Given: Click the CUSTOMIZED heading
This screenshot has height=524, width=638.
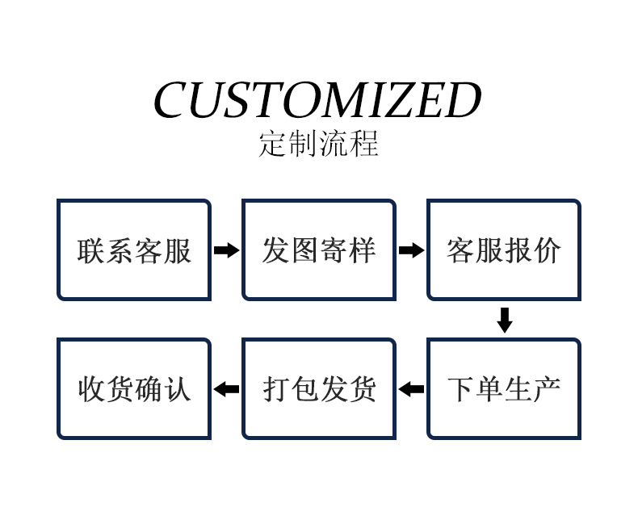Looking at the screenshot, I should point(317,101).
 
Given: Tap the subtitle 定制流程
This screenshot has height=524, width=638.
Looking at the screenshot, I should point(318,145).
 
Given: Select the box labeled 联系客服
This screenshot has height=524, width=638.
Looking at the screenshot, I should point(134,250).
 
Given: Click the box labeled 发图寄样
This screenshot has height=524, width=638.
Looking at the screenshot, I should point(319,250).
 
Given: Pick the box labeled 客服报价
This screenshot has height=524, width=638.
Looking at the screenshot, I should point(504,250).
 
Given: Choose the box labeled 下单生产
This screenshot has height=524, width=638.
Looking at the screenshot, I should point(504,389).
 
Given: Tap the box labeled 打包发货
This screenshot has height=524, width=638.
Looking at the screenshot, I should point(319,389).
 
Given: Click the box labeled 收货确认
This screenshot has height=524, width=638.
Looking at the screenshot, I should point(134,389).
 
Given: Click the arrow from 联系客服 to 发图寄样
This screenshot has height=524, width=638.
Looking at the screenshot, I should point(226,250).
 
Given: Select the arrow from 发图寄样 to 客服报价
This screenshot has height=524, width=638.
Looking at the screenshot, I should point(411,250).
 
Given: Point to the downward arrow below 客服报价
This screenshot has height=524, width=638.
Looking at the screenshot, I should point(505,320).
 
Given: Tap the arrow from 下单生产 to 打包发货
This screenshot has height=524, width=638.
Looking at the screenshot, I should point(411,389).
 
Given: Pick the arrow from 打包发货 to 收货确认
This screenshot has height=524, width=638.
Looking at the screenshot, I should point(226,389).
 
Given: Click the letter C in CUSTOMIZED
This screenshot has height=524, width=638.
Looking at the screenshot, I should point(172,101).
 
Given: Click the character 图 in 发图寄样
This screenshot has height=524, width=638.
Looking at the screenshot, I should point(304,251).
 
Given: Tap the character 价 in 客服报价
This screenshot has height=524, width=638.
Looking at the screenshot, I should point(547,251).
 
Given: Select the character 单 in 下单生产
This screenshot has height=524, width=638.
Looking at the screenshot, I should point(489,390).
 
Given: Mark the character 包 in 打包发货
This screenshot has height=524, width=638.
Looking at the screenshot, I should point(304,390).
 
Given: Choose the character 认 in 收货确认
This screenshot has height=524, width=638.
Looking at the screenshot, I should point(178,390).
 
